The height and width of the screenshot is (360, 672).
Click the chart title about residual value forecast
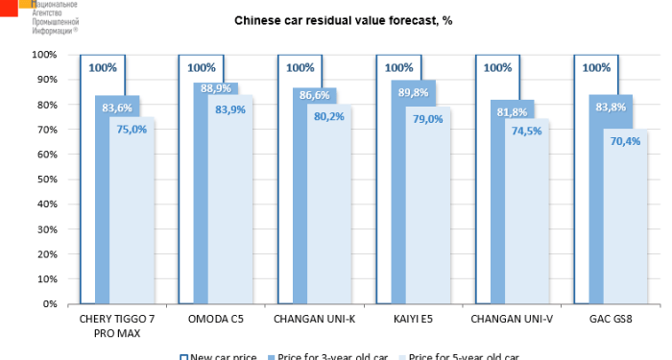343,20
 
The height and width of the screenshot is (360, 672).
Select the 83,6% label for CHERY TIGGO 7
117,108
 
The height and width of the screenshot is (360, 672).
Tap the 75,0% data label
133,129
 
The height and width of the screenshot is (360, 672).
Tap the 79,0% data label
428,119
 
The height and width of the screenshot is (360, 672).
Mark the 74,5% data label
527,131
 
